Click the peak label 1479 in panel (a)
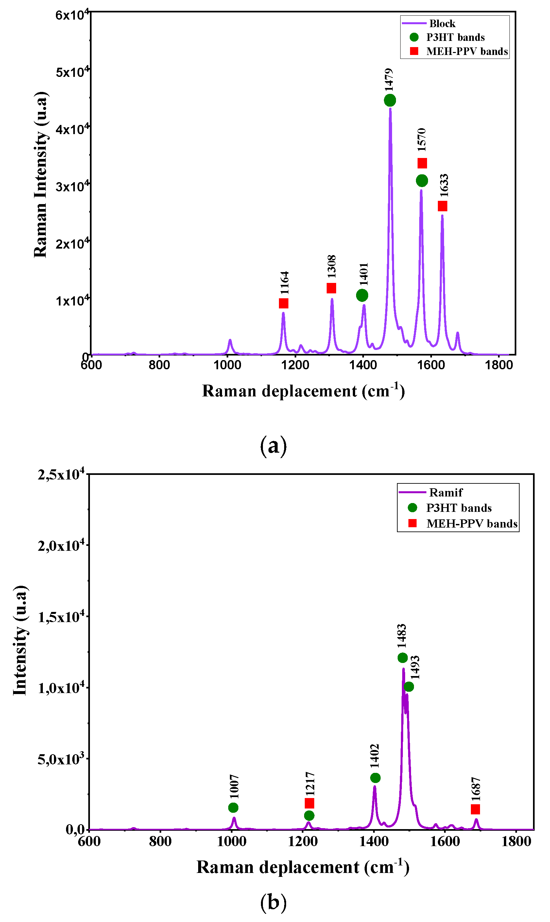(389, 80)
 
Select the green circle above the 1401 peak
(362, 295)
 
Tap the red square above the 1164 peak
(284, 303)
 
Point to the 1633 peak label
(444, 186)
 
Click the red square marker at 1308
(331, 288)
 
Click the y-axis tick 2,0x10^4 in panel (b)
(60, 546)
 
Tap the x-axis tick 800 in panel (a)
(159, 365)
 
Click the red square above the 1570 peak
(422, 163)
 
